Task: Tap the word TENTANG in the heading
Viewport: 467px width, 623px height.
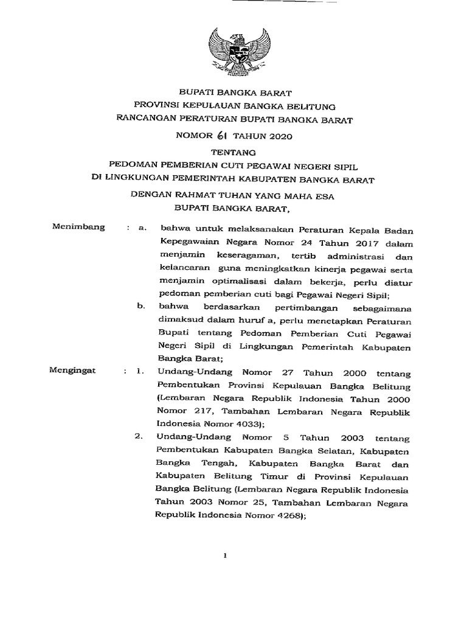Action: coord(234,151)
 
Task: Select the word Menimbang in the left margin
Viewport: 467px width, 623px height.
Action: coord(80,228)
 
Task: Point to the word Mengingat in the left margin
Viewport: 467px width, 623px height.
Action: coord(78,370)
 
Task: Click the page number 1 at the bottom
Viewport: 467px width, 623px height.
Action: coord(225,555)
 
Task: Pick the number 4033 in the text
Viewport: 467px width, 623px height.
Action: coord(244,424)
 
